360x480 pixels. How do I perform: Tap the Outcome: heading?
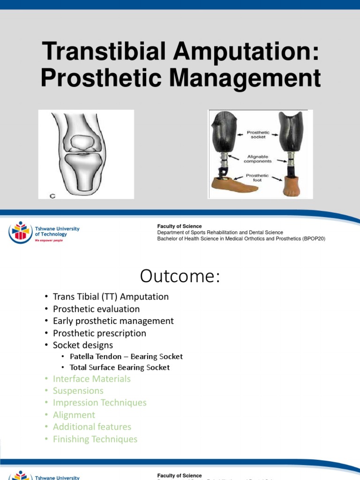tap(180, 277)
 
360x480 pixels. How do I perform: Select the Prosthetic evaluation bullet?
tap(96, 309)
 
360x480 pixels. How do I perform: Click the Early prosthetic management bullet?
tap(113, 321)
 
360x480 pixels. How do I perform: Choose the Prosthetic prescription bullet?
tap(99, 333)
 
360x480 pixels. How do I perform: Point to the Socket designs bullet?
tap(83, 345)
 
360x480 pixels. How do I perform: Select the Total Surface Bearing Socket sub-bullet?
tap(120, 367)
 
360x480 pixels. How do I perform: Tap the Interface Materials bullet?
tap(91, 379)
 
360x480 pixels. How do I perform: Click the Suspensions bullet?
tap(78, 390)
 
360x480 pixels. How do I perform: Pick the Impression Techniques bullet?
tap(99, 403)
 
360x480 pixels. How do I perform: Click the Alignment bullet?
tap(74, 415)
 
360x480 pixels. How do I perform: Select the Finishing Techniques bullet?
tap(95, 439)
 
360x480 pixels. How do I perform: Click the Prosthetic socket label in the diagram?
tap(258, 135)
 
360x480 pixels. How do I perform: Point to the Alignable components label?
tap(258, 158)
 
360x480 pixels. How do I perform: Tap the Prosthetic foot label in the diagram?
tap(258, 178)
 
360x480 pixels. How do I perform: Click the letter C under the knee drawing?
tap(52, 196)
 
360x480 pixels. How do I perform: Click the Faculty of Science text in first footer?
tap(180, 226)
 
